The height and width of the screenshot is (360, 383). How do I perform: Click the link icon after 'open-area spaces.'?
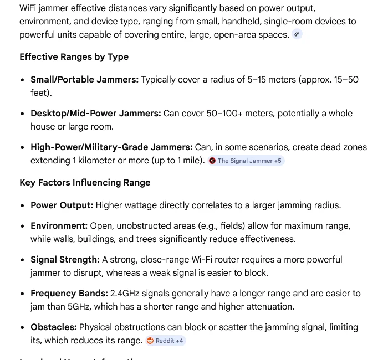[297, 34]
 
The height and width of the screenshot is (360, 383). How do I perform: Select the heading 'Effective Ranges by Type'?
[74, 57]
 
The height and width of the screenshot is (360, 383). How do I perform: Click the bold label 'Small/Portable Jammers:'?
[84, 80]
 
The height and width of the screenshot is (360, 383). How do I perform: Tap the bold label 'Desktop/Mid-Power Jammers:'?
[95, 114]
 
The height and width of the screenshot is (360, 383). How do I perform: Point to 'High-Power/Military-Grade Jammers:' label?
[111, 147]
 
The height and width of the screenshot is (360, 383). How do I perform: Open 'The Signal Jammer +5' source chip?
[246, 161]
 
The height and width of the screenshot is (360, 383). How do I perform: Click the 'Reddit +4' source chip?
[165, 341]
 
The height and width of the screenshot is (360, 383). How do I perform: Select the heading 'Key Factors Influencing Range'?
[85, 183]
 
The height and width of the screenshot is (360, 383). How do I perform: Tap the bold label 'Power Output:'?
[62, 205]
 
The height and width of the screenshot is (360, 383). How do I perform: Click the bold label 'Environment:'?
[59, 226]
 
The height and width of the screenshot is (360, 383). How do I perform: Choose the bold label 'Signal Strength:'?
[65, 260]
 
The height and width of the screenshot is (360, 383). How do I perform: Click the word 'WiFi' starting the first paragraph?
[29, 8]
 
